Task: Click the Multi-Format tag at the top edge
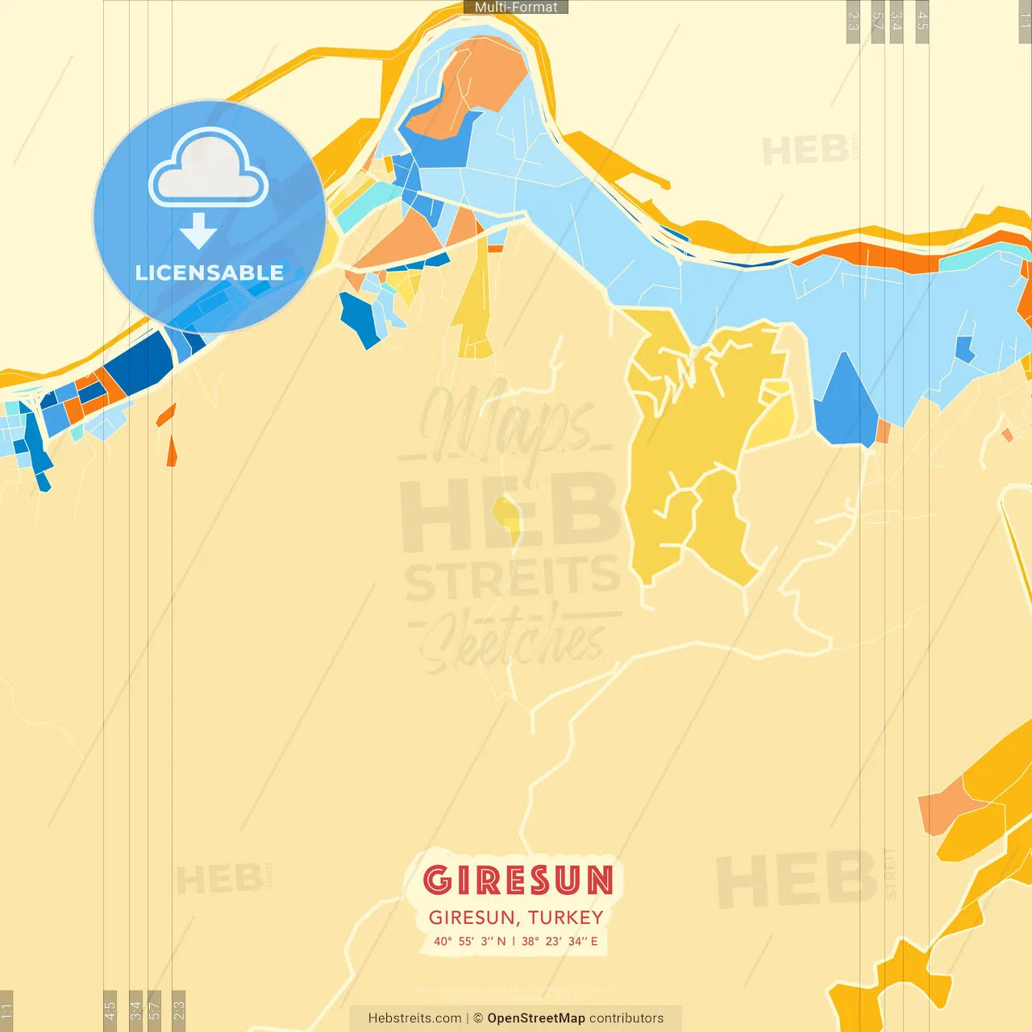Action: click(516, 7)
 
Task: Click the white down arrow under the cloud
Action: click(198, 231)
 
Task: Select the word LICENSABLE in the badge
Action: click(210, 273)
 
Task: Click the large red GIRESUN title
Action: click(518, 880)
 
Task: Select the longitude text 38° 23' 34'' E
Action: click(560, 941)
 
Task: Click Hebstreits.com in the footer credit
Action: click(414, 1018)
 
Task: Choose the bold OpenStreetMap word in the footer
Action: click(536, 1018)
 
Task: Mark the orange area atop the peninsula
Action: click(476, 81)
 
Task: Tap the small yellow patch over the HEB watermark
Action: click(508, 516)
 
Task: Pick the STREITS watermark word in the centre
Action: click(513, 576)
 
